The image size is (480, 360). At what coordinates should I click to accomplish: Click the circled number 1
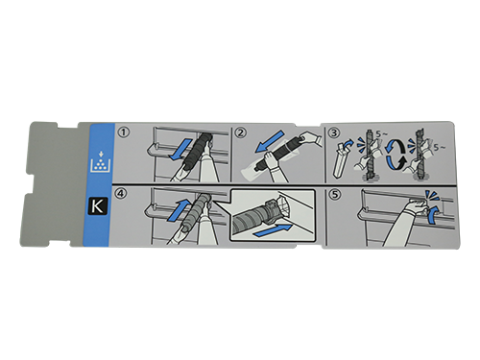pyautogui.click(x=124, y=132)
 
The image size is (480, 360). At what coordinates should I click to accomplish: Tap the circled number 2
pyautogui.click(x=241, y=132)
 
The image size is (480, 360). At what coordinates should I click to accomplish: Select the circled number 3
pyautogui.click(x=334, y=132)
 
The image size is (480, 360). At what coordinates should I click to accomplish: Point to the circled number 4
pyautogui.click(x=121, y=194)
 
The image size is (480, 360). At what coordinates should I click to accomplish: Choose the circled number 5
pyautogui.click(x=334, y=194)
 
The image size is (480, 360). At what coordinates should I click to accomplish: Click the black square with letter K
pyautogui.click(x=97, y=206)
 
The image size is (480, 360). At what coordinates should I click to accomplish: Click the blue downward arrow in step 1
pyautogui.click(x=180, y=150)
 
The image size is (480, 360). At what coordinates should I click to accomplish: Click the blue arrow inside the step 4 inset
pyautogui.click(x=273, y=231)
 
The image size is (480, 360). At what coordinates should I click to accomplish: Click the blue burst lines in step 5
pyautogui.click(x=431, y=196)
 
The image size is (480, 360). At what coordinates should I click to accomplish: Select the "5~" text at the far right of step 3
pyautogui.click(x=439, y=148)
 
